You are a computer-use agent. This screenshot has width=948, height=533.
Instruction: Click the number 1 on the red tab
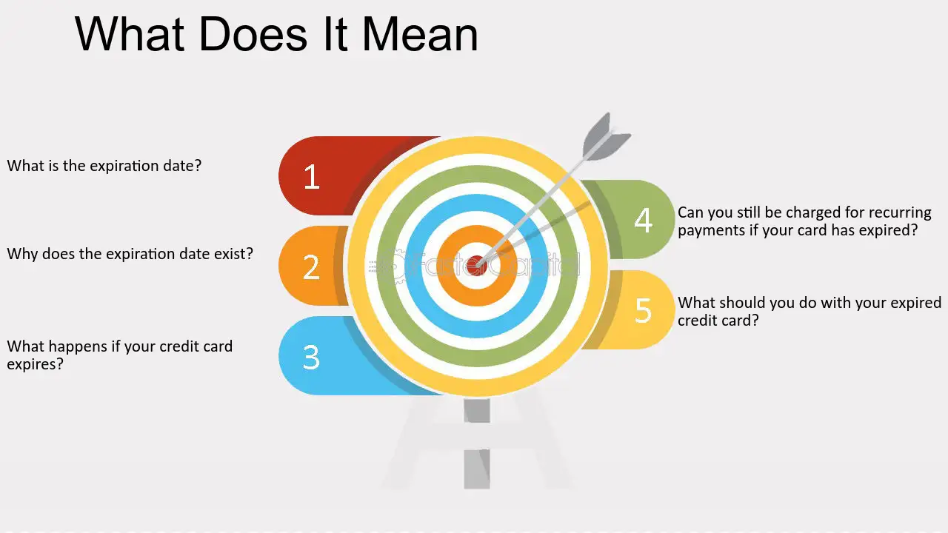coord(312,176)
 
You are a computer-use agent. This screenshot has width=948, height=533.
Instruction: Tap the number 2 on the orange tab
coord(311,267)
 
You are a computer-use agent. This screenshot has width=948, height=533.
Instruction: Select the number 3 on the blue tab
coord(311,358)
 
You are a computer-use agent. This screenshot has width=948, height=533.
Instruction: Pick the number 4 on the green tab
coord(643,220)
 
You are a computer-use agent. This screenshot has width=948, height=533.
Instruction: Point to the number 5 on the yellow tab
coord(643,310)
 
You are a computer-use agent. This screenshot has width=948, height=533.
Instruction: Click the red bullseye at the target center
coord(476,265)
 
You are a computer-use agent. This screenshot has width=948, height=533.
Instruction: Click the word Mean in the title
coord(420,34)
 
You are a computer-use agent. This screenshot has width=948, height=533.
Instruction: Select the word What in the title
coord(130,34)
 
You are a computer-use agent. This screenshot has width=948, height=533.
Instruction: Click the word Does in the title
coord(253,34)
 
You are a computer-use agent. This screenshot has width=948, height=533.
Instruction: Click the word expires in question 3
coord(35,364)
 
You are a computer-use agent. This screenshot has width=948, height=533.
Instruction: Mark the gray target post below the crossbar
coord(476,469)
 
